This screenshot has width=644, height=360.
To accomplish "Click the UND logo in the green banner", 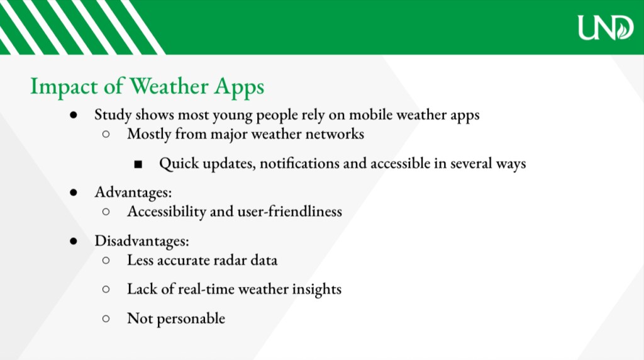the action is [x=606, y=28].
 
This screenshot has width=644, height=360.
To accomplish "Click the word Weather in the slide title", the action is [x=169, y=86].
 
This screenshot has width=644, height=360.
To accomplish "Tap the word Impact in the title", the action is [x=64, y=87].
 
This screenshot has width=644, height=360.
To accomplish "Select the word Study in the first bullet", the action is [x=113, y=115].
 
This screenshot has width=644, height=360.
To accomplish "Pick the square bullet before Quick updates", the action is [x=138, y=164].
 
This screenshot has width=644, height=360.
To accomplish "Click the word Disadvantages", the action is [x=142, y=240].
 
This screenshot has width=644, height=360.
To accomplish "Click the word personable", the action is [x=191, y=318].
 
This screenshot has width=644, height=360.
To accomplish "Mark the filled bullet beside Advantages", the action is [x=74, y=193].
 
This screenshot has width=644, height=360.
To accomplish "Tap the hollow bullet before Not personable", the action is [x=106, y=318].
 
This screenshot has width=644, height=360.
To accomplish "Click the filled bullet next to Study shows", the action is [x=74, y=115].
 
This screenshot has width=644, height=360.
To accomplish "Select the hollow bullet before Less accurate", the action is [x=106, y=260].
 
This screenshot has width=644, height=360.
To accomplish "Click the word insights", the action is [x=317, y=290].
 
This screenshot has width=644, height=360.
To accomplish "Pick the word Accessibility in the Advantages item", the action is [x=167, y=211].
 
